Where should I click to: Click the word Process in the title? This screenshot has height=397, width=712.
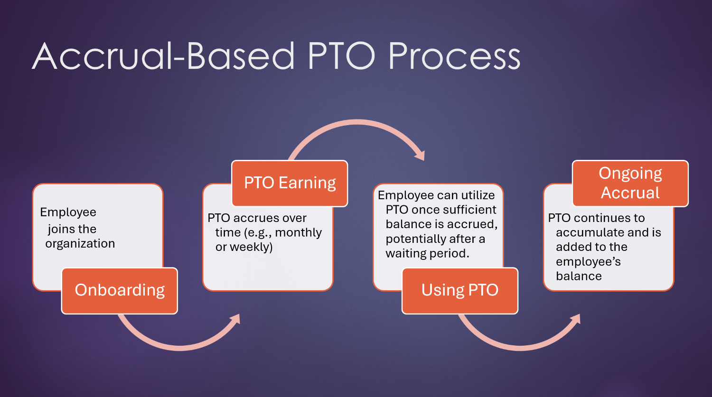454,56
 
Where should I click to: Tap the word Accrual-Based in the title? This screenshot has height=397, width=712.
164,56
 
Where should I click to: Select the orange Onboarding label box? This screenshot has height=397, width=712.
120,290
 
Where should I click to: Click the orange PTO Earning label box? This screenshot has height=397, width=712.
290,183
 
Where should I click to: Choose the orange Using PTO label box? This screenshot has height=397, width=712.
459,290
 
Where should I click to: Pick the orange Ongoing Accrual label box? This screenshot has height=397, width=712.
630,183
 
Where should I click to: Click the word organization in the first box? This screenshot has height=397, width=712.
80,244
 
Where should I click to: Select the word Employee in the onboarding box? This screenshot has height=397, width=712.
68,212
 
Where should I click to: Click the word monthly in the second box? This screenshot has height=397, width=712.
298,233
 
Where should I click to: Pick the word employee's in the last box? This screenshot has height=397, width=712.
588,262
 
